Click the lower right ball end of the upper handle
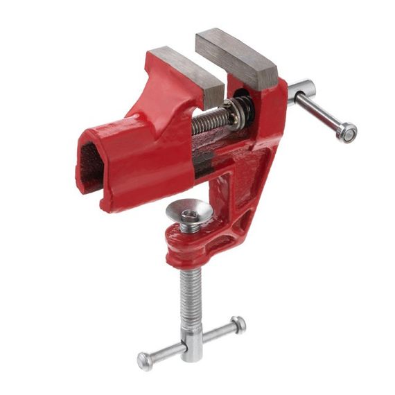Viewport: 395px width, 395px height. tap(347, 132)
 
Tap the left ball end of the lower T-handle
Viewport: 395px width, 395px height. tap(145, 360)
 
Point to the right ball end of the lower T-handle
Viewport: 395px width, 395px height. tap(238, 323)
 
